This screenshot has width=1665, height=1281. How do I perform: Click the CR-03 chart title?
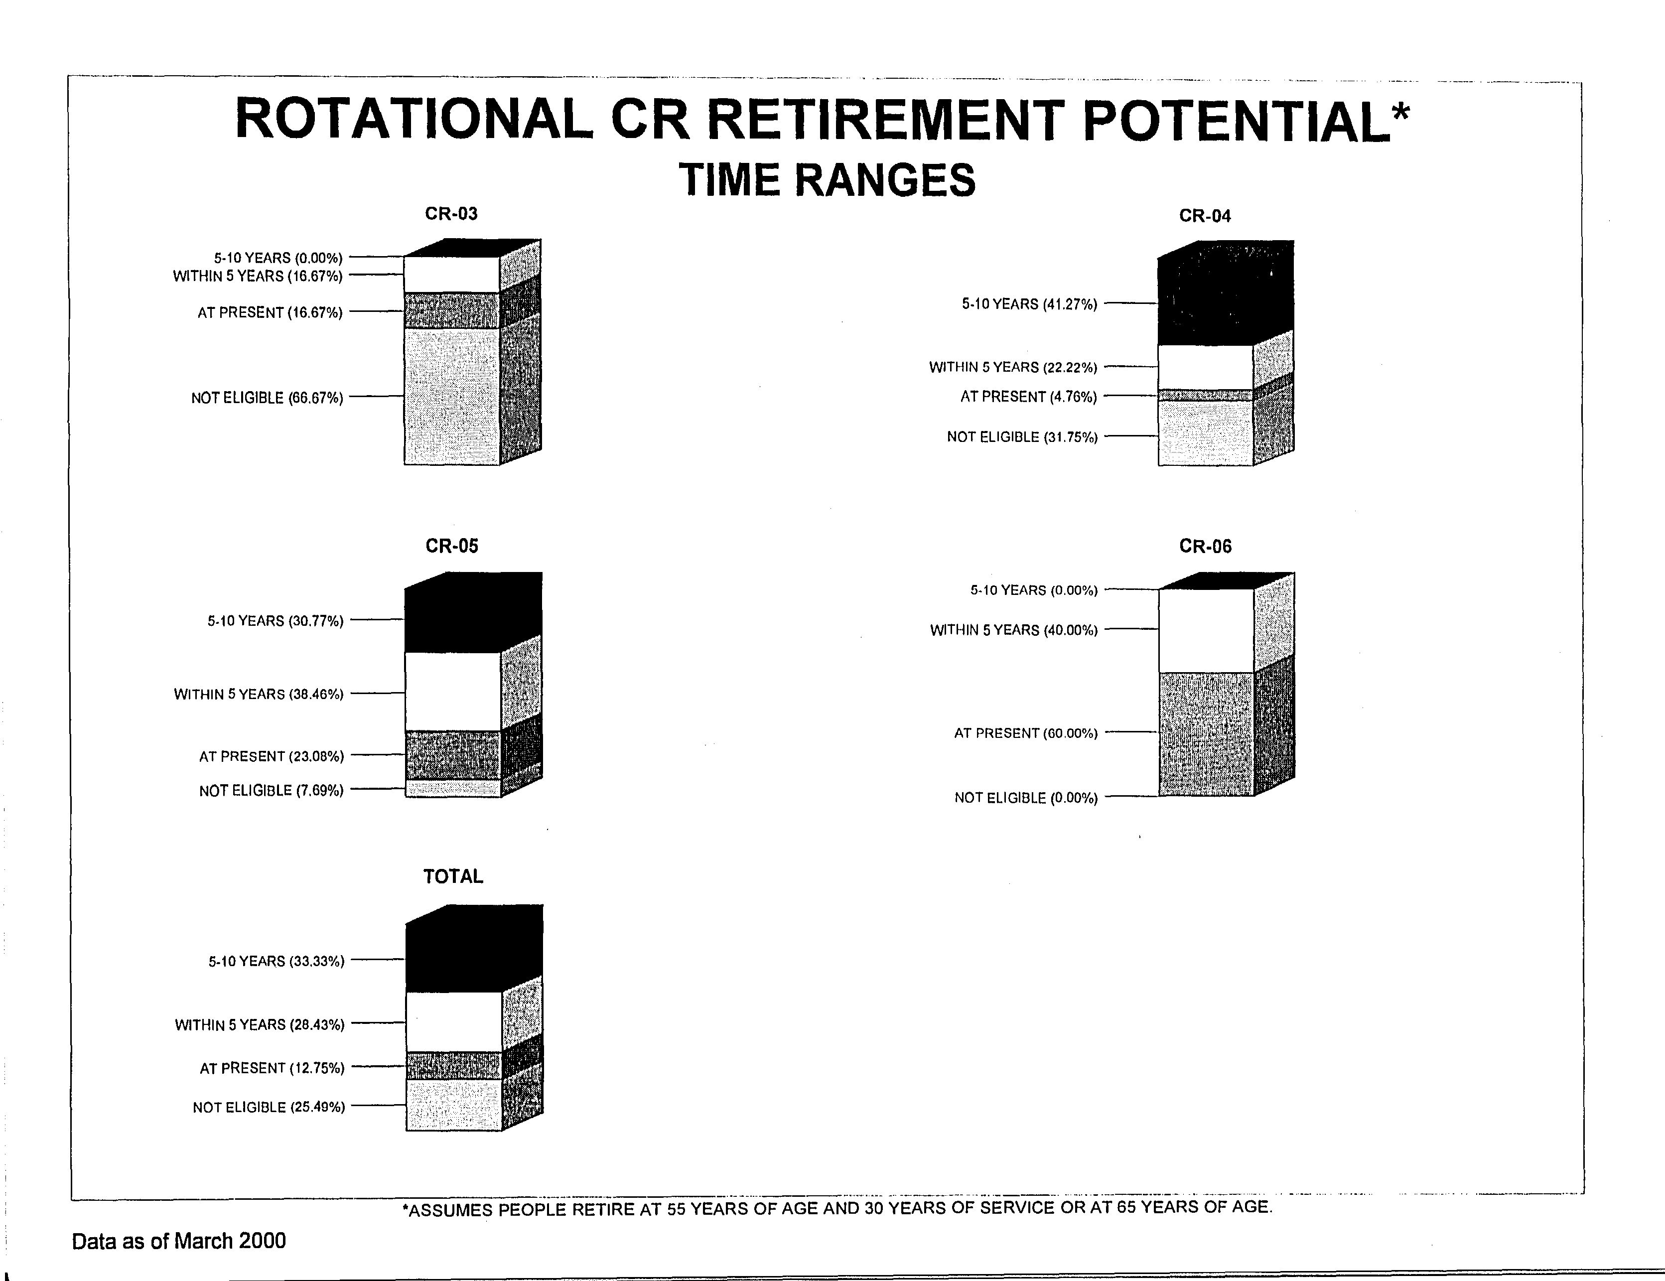pyautogui.click(x=451, y=213)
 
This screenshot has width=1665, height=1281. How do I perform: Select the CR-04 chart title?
pyautogui.click(x=1205, y=216)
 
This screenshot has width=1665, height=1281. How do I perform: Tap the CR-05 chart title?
pyautogui.click(x=452, y=546)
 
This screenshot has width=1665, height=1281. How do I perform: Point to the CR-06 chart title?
pyautogui.click(x=1205, y=546)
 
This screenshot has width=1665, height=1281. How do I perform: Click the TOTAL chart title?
pyautogui.click(x=453, y=876)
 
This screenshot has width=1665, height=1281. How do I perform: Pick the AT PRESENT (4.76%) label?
pyautogui.click(x=1028, y=397)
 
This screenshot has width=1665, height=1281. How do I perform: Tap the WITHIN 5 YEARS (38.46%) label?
pyautogui.click(x=259, y=694)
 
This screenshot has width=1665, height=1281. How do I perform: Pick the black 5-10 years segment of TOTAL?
pyautogui.click(x=453, y=958)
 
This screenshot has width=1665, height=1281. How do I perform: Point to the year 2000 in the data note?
pyautogui.click(x=262, y=1241)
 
